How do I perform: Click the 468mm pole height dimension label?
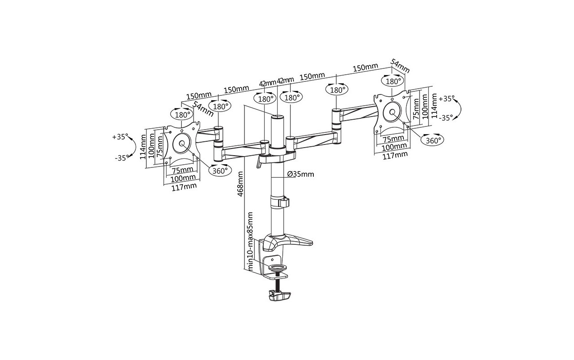240,184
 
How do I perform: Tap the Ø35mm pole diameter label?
301,174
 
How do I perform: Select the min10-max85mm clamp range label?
250,241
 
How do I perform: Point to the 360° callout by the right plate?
434,140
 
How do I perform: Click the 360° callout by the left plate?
220,171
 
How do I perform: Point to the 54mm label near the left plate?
203,108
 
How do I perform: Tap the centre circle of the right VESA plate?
392,112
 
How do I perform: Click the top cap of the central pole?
277,117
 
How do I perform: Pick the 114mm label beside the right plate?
434,106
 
